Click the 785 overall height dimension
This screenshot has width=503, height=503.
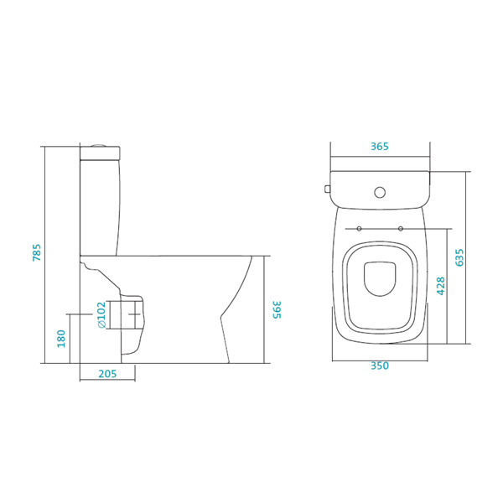coord(37,252)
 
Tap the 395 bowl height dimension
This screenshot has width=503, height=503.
coord(277,309)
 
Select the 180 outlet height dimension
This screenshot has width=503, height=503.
coord(61,339)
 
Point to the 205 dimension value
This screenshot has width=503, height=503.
coord(107,374)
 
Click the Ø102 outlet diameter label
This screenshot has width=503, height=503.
coord(101,314)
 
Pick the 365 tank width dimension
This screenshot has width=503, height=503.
coord(380,146)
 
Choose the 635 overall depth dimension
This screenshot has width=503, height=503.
coord(459,257)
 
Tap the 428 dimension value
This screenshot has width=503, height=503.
coord(441,286)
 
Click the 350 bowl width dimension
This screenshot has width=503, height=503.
coord(380,366)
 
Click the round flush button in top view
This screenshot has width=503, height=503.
coord(380,192)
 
